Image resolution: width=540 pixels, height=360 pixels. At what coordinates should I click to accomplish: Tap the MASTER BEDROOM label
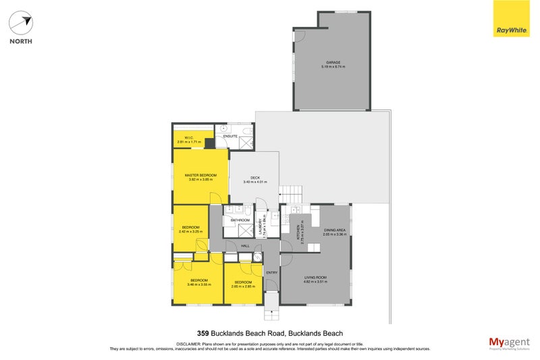pos(200,176)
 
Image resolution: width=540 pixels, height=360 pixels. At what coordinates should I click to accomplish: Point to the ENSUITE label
pos(231,136)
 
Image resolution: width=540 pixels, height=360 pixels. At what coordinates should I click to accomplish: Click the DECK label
pos(254,178)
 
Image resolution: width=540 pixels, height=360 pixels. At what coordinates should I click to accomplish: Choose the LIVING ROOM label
pos(315,277)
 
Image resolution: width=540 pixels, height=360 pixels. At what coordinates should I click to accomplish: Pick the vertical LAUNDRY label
pos(259,227)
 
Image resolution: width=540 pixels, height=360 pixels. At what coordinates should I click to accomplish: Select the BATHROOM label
pos(240,220)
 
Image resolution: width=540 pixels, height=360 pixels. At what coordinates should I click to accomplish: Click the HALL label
pos(245,246)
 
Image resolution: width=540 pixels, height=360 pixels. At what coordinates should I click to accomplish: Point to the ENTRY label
pos(271,272)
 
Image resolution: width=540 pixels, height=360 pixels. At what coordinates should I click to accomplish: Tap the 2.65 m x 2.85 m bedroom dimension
pos(242,286)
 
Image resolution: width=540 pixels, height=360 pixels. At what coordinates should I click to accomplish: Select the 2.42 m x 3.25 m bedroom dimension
pos(190,232)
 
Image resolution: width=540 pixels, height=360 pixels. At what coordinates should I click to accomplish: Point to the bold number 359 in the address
pos(202,333)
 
